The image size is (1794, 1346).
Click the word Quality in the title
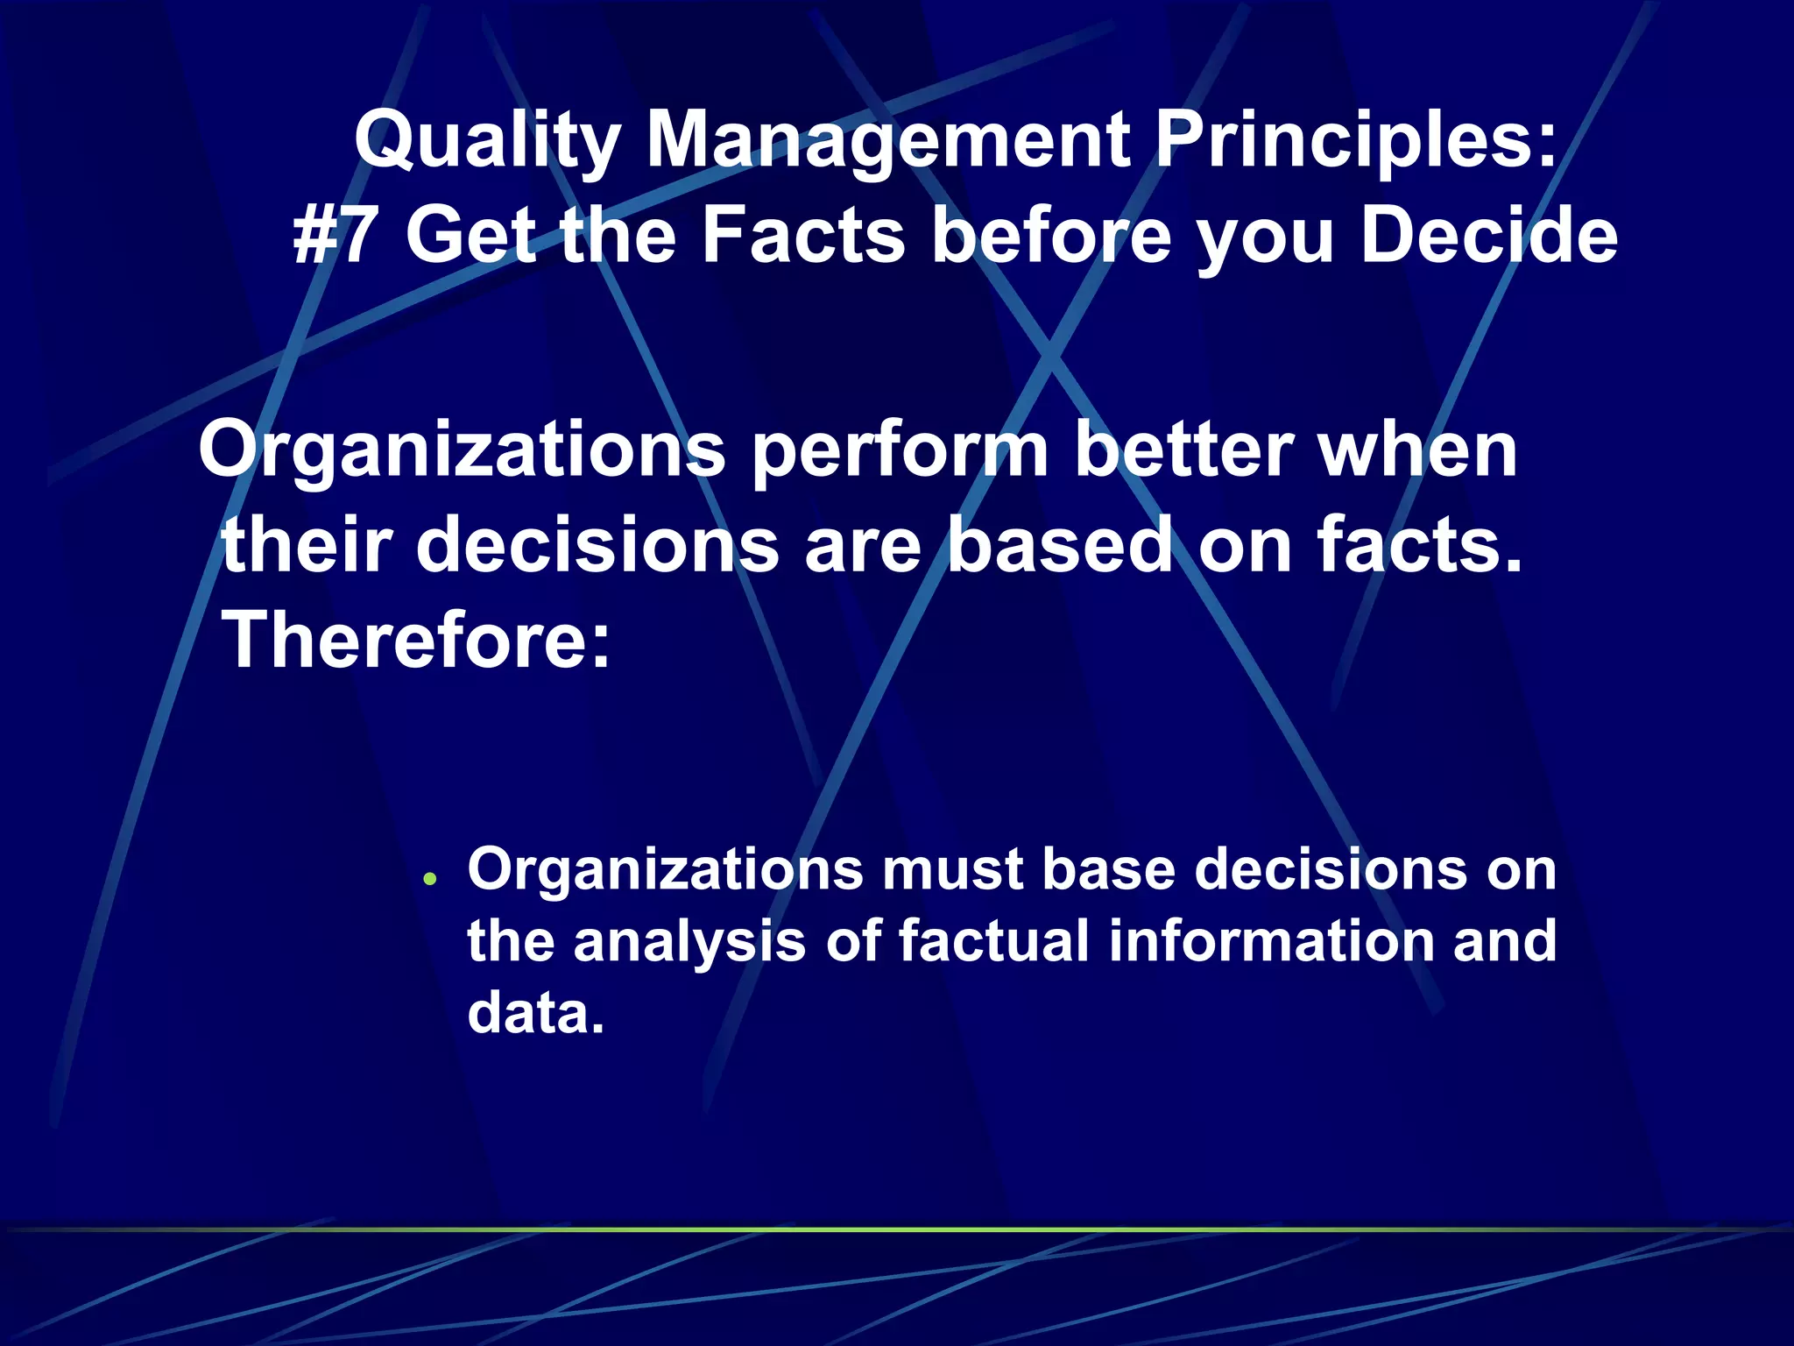487,142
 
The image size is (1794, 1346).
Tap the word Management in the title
886,142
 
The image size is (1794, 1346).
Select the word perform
899,452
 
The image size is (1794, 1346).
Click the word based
1059,545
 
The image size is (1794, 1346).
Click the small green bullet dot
429,878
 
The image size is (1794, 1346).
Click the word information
1268,941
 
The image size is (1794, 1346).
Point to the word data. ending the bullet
535,1014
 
